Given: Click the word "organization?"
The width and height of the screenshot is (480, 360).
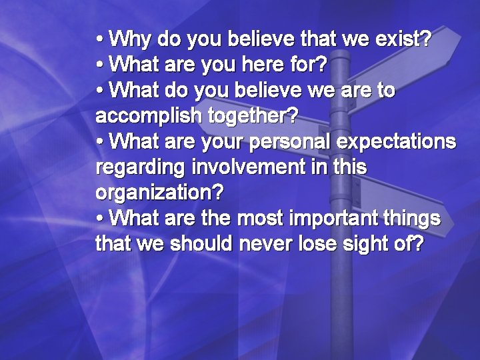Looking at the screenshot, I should coord(160,193).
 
